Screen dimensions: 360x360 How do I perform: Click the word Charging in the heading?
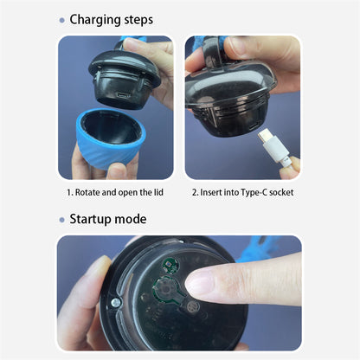(x=95, y=20)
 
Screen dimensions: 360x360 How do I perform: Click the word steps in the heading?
(x=138, y=20)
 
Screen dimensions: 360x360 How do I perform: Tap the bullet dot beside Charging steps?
(x=61, y=20)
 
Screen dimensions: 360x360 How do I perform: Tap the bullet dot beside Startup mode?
(x=61, y=220)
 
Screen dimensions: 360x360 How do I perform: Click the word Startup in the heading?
(x=91, y=220)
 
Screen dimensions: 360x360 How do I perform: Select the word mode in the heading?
(x=131, y=219)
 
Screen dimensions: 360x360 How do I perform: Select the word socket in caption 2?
(x=281, y=192)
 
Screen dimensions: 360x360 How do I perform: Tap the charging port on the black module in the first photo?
(x=122, y=94)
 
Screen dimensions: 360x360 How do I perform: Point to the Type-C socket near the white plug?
(x=254, y=126)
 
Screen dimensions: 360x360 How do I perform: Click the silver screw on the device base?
(x=116, y=303)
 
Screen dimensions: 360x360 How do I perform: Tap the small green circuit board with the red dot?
(x=170, y=265)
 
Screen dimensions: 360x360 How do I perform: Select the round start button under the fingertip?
(x=167, y=289)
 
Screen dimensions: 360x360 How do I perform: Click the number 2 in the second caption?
(x=195, y=192)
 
